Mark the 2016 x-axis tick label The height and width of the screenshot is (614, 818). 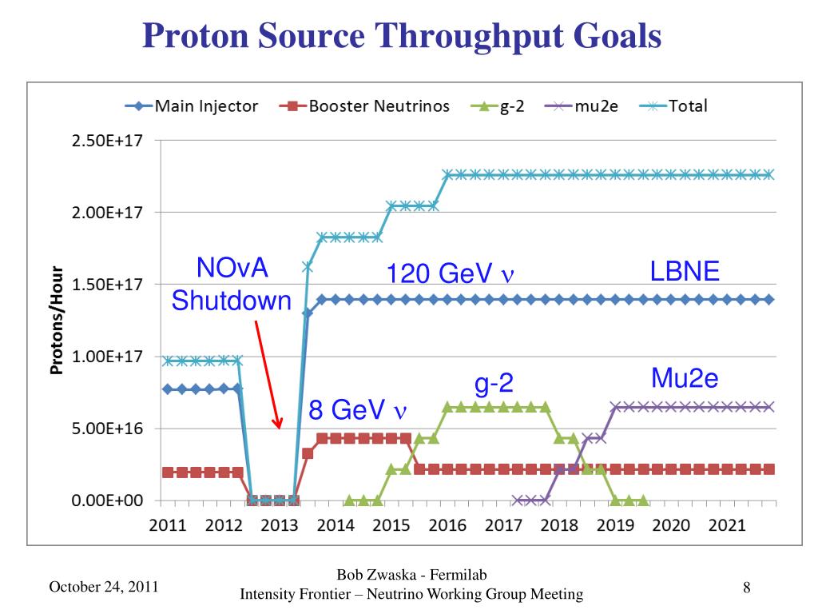(447, 525)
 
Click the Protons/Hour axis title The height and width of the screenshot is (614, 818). (58, 320)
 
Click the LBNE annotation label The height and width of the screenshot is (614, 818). (685, 272)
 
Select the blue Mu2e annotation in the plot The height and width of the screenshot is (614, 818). (685, 377)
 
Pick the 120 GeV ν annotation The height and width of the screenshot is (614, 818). (449, 274)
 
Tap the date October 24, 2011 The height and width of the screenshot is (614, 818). (104, 588)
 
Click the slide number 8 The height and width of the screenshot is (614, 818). (746, 588)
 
